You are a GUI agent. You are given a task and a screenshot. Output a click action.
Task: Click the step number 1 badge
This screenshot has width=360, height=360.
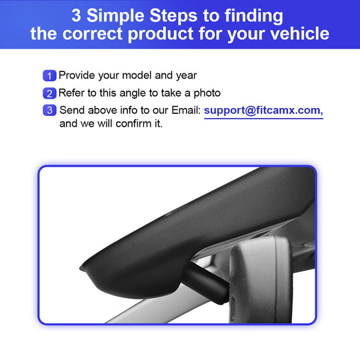[49, 75]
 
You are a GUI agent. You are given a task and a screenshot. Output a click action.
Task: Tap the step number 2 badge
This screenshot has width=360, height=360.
[49, 93]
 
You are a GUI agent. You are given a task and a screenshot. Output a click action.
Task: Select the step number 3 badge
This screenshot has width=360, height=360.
[49, 110]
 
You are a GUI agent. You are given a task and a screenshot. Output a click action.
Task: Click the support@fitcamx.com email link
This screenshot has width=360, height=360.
[263, 111]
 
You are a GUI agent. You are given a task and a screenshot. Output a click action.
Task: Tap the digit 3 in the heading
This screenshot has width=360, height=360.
[76, 15]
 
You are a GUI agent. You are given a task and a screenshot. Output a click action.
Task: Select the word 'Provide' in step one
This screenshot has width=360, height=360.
[77, 75]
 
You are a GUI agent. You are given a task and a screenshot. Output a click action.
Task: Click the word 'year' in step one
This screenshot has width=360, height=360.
[186, 76]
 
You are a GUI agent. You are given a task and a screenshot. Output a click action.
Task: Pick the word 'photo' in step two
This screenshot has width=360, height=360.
[207, 93]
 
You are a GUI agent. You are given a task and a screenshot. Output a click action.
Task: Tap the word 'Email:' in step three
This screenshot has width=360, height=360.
[186, 110]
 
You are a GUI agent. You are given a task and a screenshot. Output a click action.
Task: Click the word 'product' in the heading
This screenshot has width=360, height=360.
[160, 34]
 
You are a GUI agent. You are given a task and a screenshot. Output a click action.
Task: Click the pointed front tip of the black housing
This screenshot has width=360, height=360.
[81, 268]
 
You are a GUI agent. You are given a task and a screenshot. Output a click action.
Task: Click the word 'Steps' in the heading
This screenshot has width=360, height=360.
[173, 15]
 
